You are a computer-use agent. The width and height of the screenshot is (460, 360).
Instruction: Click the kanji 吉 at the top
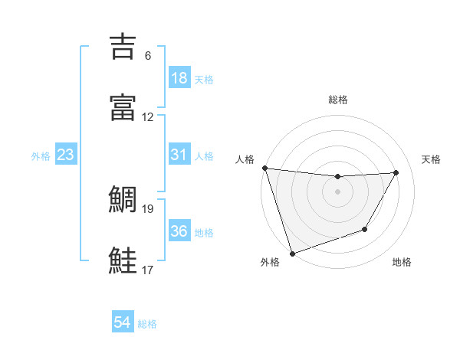123,45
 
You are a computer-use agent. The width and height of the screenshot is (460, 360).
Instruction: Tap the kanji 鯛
123,201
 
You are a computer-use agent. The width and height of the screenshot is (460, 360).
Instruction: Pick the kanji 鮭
123,261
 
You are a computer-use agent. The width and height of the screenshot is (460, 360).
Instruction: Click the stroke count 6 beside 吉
148,56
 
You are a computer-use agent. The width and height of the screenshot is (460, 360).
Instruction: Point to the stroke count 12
148,116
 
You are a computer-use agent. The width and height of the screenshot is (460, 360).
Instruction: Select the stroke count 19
148,208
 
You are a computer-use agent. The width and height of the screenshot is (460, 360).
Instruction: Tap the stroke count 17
148,270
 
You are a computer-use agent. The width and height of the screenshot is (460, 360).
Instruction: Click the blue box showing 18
179,78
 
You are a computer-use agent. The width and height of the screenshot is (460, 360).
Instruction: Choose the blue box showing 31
179,155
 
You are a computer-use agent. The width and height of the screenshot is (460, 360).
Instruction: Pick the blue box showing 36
179,231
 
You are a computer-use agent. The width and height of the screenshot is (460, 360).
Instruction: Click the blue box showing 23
66,155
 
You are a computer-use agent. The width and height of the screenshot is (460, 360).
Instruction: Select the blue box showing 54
123,323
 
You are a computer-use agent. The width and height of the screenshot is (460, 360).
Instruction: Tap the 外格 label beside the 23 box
41,156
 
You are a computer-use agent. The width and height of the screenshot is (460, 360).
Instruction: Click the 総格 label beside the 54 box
147,324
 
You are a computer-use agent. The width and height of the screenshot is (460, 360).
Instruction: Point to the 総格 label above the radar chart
337,100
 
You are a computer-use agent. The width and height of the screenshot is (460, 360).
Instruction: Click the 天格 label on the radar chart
432,159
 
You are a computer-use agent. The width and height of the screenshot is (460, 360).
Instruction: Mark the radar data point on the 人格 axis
264,168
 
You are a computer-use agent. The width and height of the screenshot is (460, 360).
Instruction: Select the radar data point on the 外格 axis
292,252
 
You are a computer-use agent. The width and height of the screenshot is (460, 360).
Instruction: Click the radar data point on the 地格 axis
365,229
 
